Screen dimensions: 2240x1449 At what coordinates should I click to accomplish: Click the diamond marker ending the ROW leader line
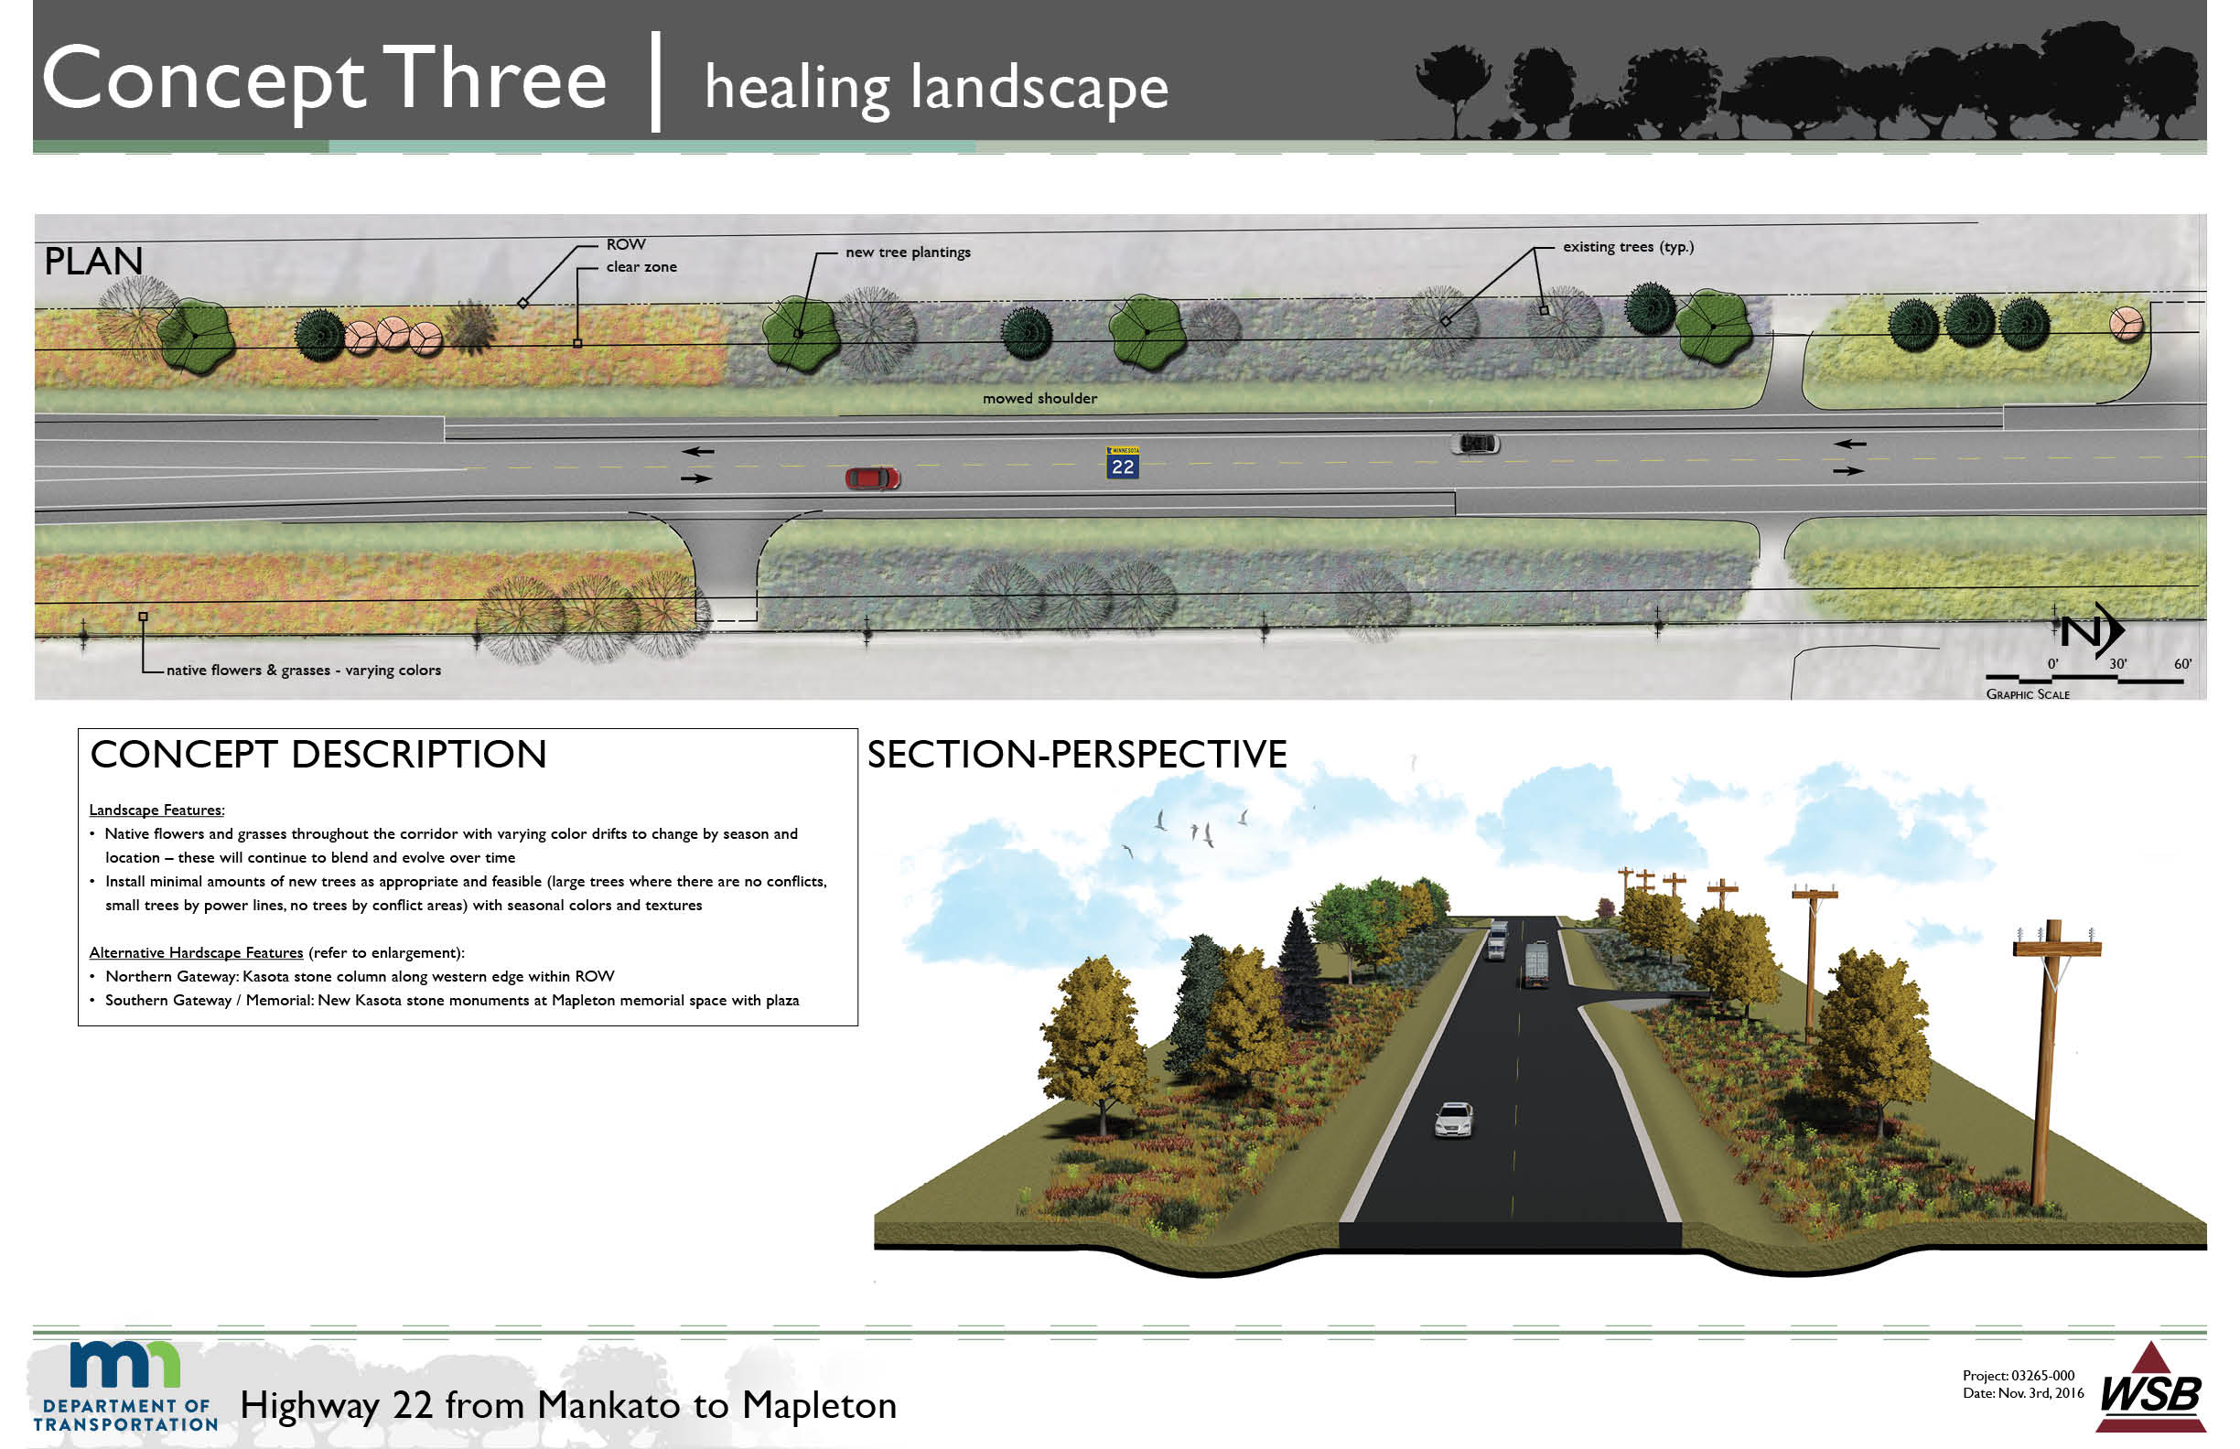click(522, 303)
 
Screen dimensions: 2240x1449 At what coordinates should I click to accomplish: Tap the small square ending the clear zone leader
click(578, 343)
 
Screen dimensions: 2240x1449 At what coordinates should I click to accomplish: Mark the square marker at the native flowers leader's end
click(143, 617)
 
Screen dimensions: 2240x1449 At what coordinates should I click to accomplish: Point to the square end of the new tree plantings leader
click(798, 333)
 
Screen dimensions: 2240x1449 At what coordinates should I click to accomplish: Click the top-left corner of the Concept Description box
click(78, 729)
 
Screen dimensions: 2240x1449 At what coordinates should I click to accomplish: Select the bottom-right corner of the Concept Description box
click(857, 1025)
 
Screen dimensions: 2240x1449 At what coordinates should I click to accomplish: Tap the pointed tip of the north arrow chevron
click(2124, 629)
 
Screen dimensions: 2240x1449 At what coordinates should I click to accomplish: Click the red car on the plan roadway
click(872, 478)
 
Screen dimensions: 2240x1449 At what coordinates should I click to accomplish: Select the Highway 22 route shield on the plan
click(1122, 463)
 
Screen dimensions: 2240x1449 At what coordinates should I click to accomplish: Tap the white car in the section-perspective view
click(1453, 1120)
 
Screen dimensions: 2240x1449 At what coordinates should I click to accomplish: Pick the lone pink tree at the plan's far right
click(2127, 324)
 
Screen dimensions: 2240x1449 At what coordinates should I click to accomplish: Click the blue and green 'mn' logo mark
click(125, 1365)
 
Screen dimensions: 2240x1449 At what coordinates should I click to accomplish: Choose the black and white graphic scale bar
click(2084, 679)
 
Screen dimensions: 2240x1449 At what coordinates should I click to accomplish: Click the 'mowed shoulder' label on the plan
click(1040, 398)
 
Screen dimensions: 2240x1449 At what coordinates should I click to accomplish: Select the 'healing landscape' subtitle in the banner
click(936, 88)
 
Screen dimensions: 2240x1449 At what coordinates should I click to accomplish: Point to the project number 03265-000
click(2043, 1375)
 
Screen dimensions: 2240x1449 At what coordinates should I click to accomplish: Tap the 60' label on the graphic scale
click(2182, 663)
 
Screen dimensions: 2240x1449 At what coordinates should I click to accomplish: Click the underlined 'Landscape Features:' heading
click(157, 810)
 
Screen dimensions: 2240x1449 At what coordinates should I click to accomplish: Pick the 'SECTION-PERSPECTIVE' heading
click(1077, 755)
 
